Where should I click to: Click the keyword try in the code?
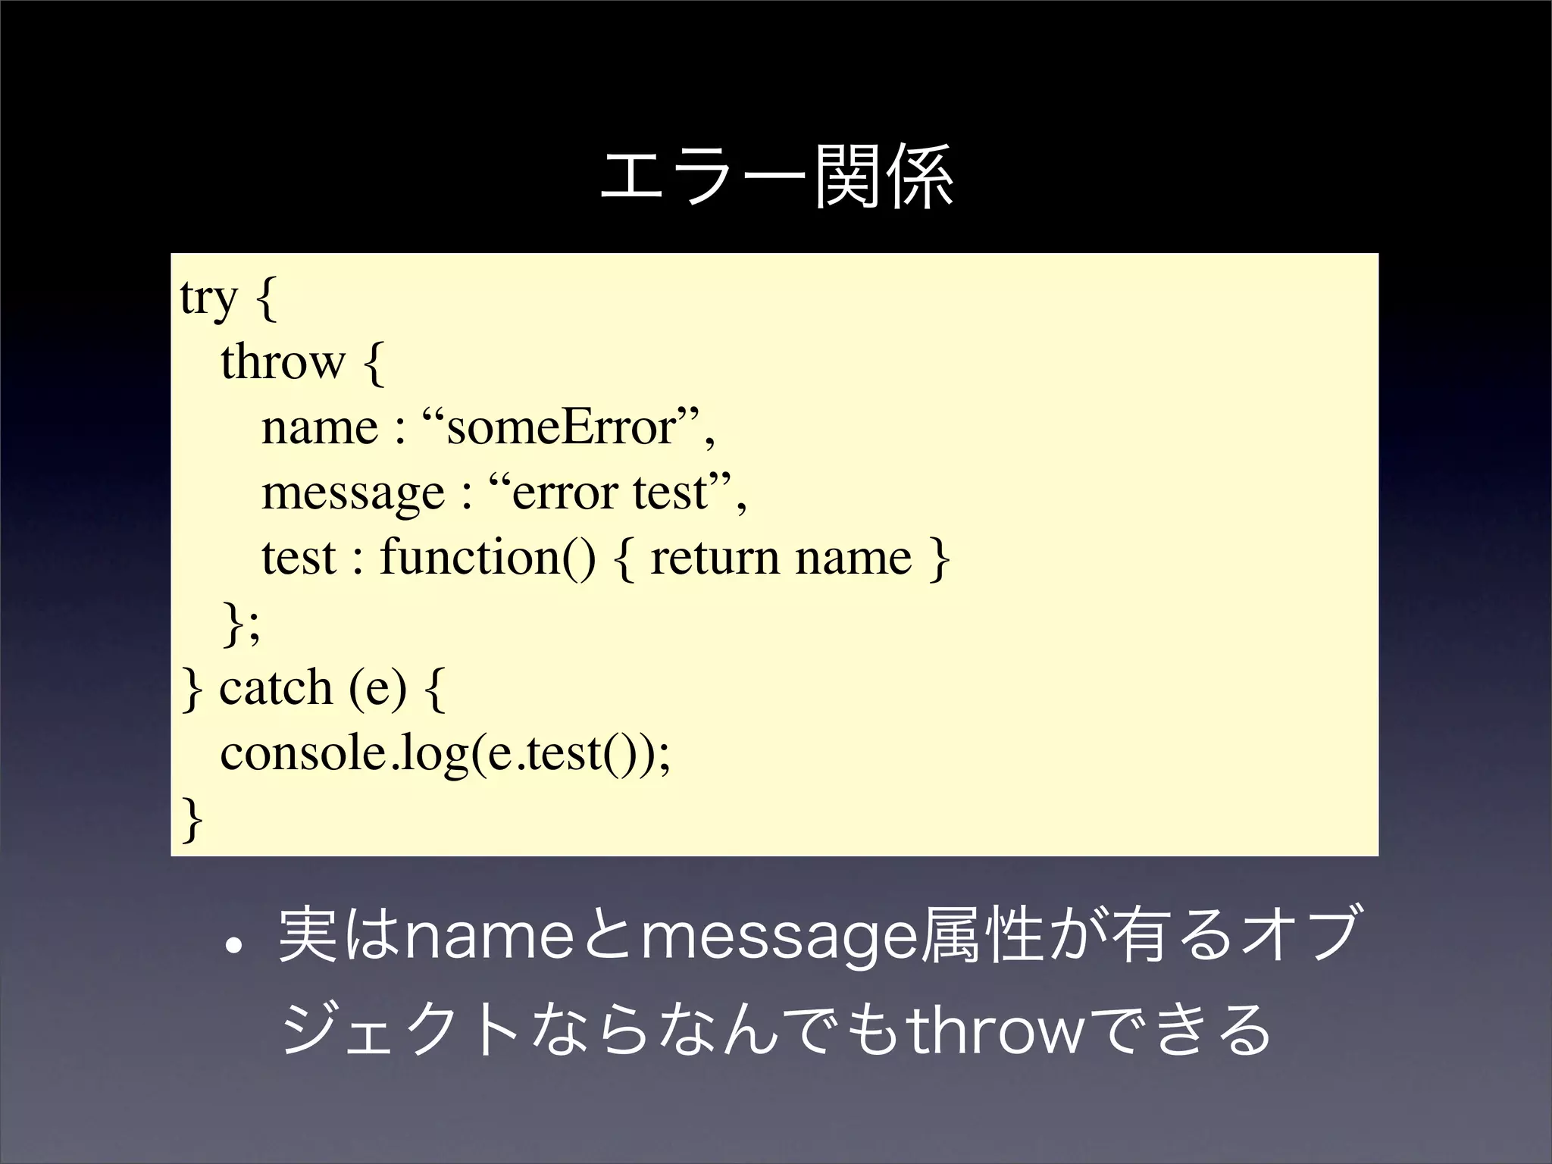pyautogui.click(x=208, y=298)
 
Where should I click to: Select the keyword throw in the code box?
pyautogui.click(x=283, y=362)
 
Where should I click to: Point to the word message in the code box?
pyautogui.click(x=353, y=493)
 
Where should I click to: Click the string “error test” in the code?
pyautogui.click(x=611, y=493)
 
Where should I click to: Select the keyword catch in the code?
pyautogui.click(x=276, y=688)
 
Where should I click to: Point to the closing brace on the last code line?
pyautogui.click(x=192, y=820)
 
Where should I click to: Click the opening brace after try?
pyautogui.click(x=266, y=299)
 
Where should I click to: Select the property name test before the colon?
pyautogui.click(x=299, y=559)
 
